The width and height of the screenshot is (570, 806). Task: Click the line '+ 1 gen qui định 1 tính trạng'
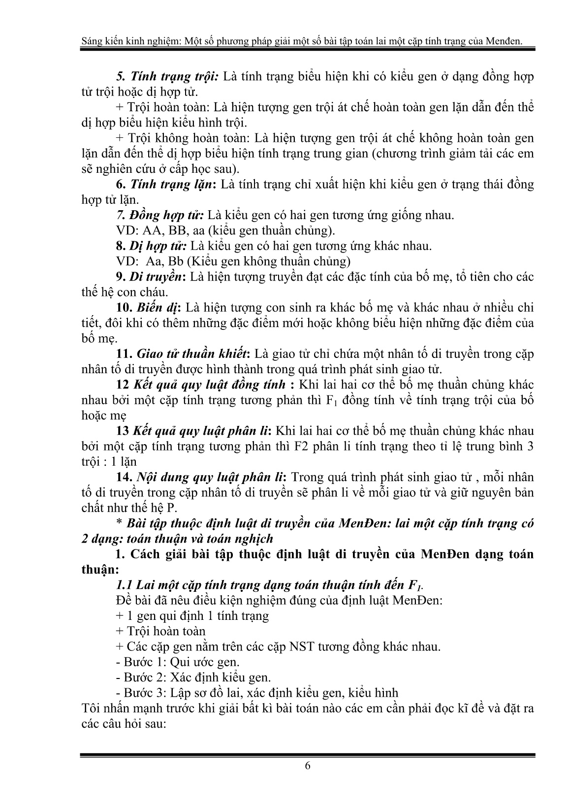(x=192, y=615)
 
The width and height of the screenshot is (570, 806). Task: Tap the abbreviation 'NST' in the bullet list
(x=301, y=646)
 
